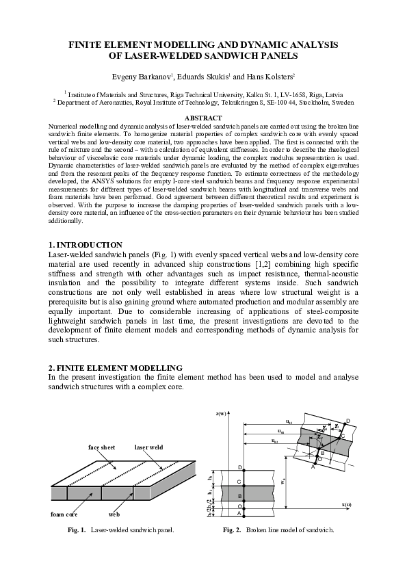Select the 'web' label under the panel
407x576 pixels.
click(115, 513)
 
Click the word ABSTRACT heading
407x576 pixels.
click(203, 119)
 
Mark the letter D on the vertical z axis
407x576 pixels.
click(239, 467)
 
